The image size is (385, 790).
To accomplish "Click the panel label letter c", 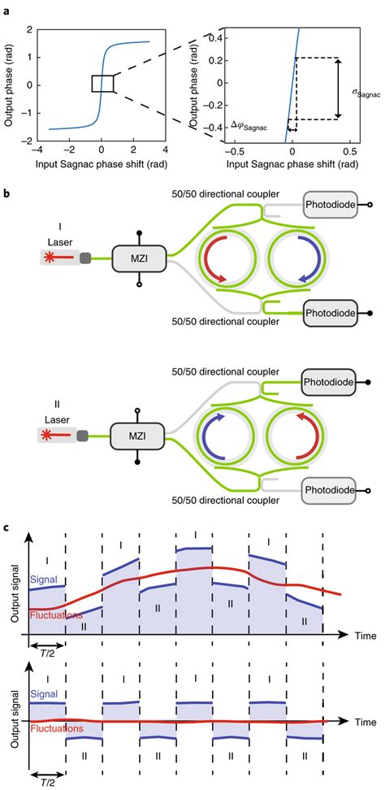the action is [x=5, y=527].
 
